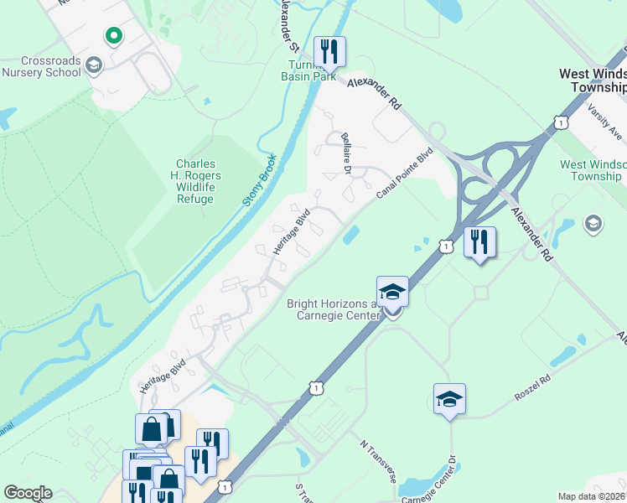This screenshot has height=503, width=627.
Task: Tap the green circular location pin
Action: tap(113, 36)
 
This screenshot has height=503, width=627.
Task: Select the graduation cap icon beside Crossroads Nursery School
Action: tap(94, 65)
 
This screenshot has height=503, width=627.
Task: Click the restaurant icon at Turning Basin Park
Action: tap(329, 52)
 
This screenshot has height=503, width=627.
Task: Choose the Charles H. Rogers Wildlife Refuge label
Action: tap(195, 181)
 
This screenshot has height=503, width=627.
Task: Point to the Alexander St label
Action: tap(288, 21)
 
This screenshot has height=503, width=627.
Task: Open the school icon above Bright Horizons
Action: tap(392, 293)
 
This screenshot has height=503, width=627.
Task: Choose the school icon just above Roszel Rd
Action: tap(449, 400)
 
